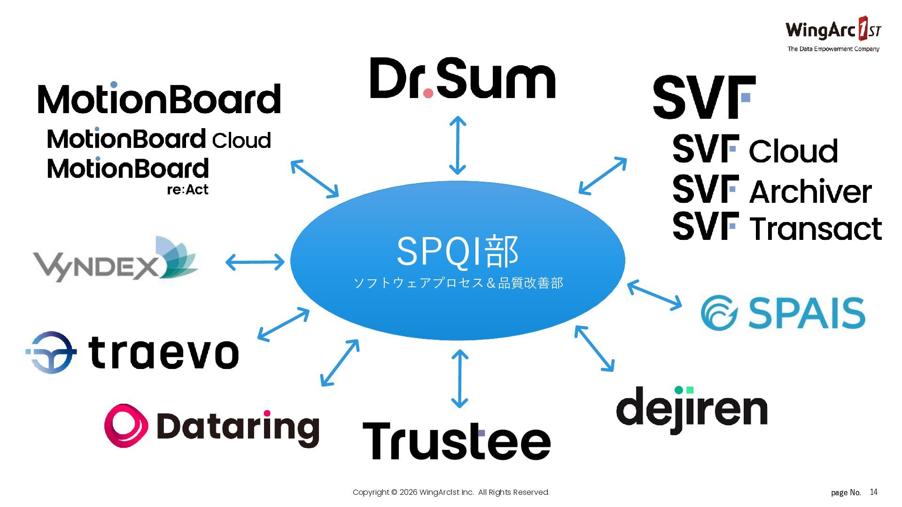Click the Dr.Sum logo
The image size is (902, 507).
coord(463,78)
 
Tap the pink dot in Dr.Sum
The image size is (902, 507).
coord(428,93)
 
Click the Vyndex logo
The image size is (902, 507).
coord(115,261)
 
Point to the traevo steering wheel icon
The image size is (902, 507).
coord(51,352)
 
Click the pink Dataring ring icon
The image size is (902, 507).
coord(126,425)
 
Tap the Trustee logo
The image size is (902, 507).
coord(456,440)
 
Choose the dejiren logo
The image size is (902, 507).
coord(692,409)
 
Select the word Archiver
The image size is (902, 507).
coord(810,192)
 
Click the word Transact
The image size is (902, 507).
coord(816,229)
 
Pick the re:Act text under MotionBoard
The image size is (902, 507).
coord(187,190)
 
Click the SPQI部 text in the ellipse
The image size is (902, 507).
coord(457,252)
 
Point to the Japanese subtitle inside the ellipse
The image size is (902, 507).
coord(458,283)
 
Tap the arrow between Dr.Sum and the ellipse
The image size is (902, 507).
coord(458,146)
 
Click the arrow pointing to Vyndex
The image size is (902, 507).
coord(255,262)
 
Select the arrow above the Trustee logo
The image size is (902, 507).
coord(459,378)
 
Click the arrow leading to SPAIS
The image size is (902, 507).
coord(654,295)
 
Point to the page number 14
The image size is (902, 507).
coord(873,492)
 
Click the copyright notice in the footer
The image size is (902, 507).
coord(451,492)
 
